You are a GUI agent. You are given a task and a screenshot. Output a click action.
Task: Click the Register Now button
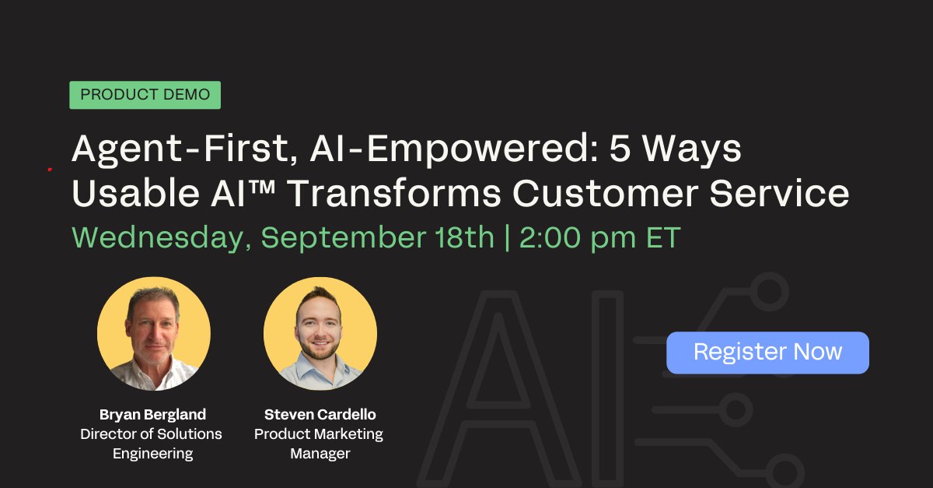click(767, 353)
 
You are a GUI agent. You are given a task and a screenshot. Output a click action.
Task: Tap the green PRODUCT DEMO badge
click(145, 95)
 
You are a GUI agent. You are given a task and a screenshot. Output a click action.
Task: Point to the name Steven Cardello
click(320, 414)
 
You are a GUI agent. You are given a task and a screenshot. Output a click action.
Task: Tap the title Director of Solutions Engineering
click(151, 444)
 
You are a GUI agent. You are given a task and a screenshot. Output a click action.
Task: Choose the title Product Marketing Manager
click(320, 444)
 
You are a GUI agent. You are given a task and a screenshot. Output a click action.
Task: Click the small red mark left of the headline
click(49, 168)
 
